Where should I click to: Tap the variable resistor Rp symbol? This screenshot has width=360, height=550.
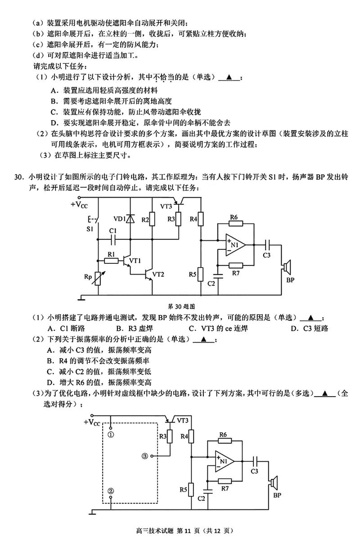click(99, 279)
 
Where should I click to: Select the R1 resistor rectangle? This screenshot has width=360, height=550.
click(111, 260)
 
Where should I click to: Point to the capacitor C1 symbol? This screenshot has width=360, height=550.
click(113, 238)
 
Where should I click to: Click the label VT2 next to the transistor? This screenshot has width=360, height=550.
click(158, 273)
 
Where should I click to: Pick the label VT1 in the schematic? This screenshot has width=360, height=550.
click(135, 261)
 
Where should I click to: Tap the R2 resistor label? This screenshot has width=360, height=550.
click(145, 220)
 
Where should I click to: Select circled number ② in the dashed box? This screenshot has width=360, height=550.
click(111, 491)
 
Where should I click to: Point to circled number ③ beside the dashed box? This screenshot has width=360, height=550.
click(144, 456)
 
